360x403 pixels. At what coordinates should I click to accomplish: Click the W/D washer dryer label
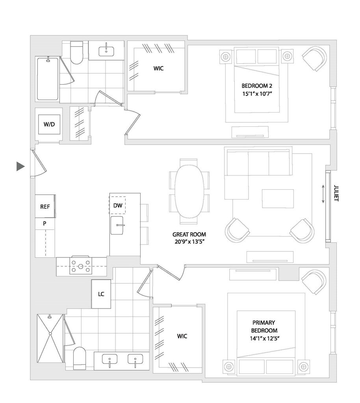click(x=49, y=124)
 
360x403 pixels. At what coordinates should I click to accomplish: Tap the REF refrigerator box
click(x=45, y=206)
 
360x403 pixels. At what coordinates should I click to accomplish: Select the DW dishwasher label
click(x=117, y=205)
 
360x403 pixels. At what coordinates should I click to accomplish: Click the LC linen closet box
click(x=101, y=294)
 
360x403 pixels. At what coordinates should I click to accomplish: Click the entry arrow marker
click(x=20, y=166)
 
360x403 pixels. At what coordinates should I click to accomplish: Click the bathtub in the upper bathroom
click(x=48, y=78)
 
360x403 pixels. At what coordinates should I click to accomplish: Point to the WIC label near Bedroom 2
click(x=158, y=68)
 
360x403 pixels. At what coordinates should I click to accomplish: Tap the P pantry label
click(x=45, y=223)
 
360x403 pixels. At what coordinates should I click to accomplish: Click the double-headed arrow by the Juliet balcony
click(x=323, y=195)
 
